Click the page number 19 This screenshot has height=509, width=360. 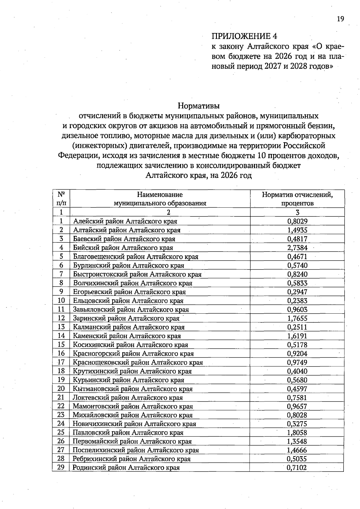point(340,19)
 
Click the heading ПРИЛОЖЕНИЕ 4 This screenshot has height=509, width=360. point(244,36)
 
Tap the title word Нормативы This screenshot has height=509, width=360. point(199,106)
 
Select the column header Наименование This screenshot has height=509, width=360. point(160,194)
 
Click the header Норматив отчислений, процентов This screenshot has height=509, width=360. point(297,199)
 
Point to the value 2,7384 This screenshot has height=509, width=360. point(297,248)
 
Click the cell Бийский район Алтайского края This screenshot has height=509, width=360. point(123,248)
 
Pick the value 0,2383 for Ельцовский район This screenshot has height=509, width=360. point(297,300)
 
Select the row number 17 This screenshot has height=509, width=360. point(61,362)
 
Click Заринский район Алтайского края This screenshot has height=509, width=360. point(126,318)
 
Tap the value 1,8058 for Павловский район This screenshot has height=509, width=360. point(297,432)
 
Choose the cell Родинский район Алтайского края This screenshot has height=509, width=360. point(126,468)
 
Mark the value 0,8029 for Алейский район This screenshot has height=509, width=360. point(297,221)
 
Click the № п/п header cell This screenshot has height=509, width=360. point(61,199)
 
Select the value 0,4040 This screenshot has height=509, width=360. point(297,371)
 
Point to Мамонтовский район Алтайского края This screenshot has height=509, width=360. point(133,406)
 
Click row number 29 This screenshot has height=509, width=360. point(61,467)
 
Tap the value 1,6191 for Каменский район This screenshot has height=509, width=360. point(297,336)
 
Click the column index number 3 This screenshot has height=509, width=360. point(297,212)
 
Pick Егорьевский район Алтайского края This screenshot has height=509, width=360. point(129,292)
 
